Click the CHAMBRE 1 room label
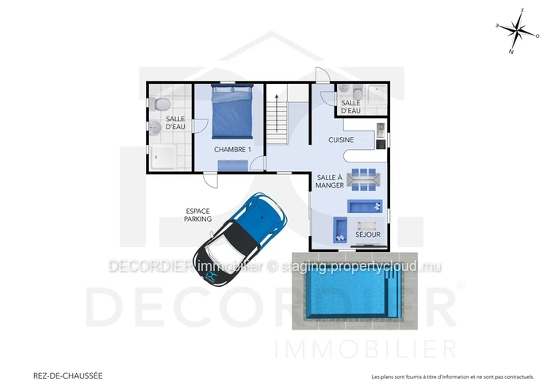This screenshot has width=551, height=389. [x=232, y=150]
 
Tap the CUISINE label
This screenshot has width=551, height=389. [x=341, y=139]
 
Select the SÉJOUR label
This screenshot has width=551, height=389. [x=368, y=235]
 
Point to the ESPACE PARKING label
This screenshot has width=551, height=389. [x=198, y=215]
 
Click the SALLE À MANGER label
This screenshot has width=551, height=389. [x=329, y=181]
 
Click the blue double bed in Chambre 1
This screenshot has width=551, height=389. [x=232, y=111]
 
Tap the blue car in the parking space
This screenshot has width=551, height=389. [x=240, y=238]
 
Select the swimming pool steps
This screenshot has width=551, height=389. [x=393, y=294]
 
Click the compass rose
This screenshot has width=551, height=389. [x=517, y=31]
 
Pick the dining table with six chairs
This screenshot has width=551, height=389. [x=363, y=179]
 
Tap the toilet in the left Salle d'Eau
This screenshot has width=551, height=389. [x=160, y=105]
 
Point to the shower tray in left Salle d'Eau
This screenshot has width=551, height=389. [x=163, y=157]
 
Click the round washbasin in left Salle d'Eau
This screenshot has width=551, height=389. [x=155, y=128]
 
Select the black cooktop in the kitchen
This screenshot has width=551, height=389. [x=381, y=144]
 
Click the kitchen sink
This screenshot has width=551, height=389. [x=381, y=130]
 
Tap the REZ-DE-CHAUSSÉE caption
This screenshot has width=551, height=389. [x=68, y=376]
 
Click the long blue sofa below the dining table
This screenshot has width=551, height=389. [x=365, y=206]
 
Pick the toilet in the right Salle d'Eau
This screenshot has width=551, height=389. [x=358, y=93]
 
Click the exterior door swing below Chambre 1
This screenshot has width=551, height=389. [x=211, y=181]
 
